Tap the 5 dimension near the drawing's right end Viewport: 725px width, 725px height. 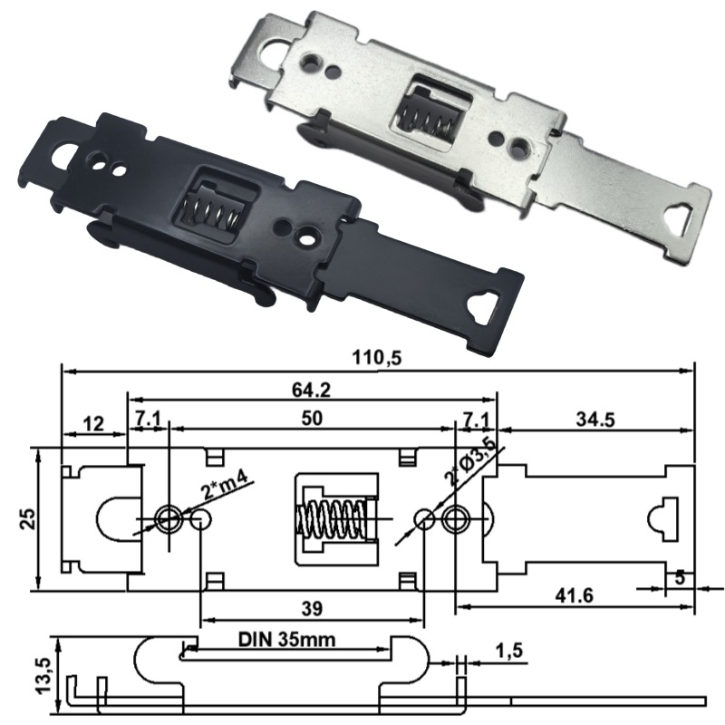pyautogui.click(x=679, y=576)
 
